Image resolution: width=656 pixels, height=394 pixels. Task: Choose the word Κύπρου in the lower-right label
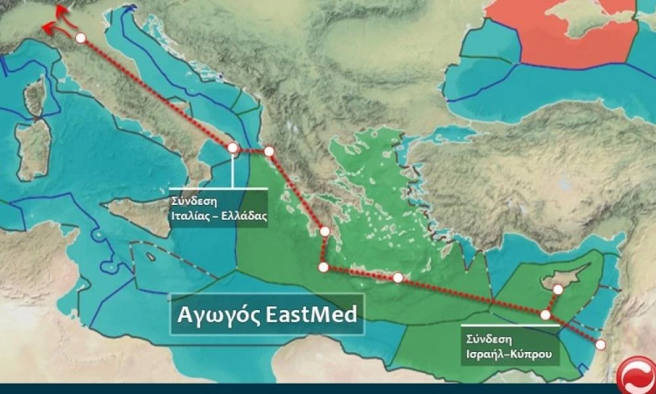tap(532, 355)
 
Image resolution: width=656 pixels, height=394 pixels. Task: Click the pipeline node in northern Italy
tap(81, 38)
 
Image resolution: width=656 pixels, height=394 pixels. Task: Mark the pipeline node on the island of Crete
tap(398, 278)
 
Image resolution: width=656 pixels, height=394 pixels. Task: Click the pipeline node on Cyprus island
tap(558, 289)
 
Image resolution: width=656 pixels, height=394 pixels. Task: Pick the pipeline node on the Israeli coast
tap(600, 344)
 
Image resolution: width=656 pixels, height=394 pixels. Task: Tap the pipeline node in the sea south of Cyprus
tap(545, 315)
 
